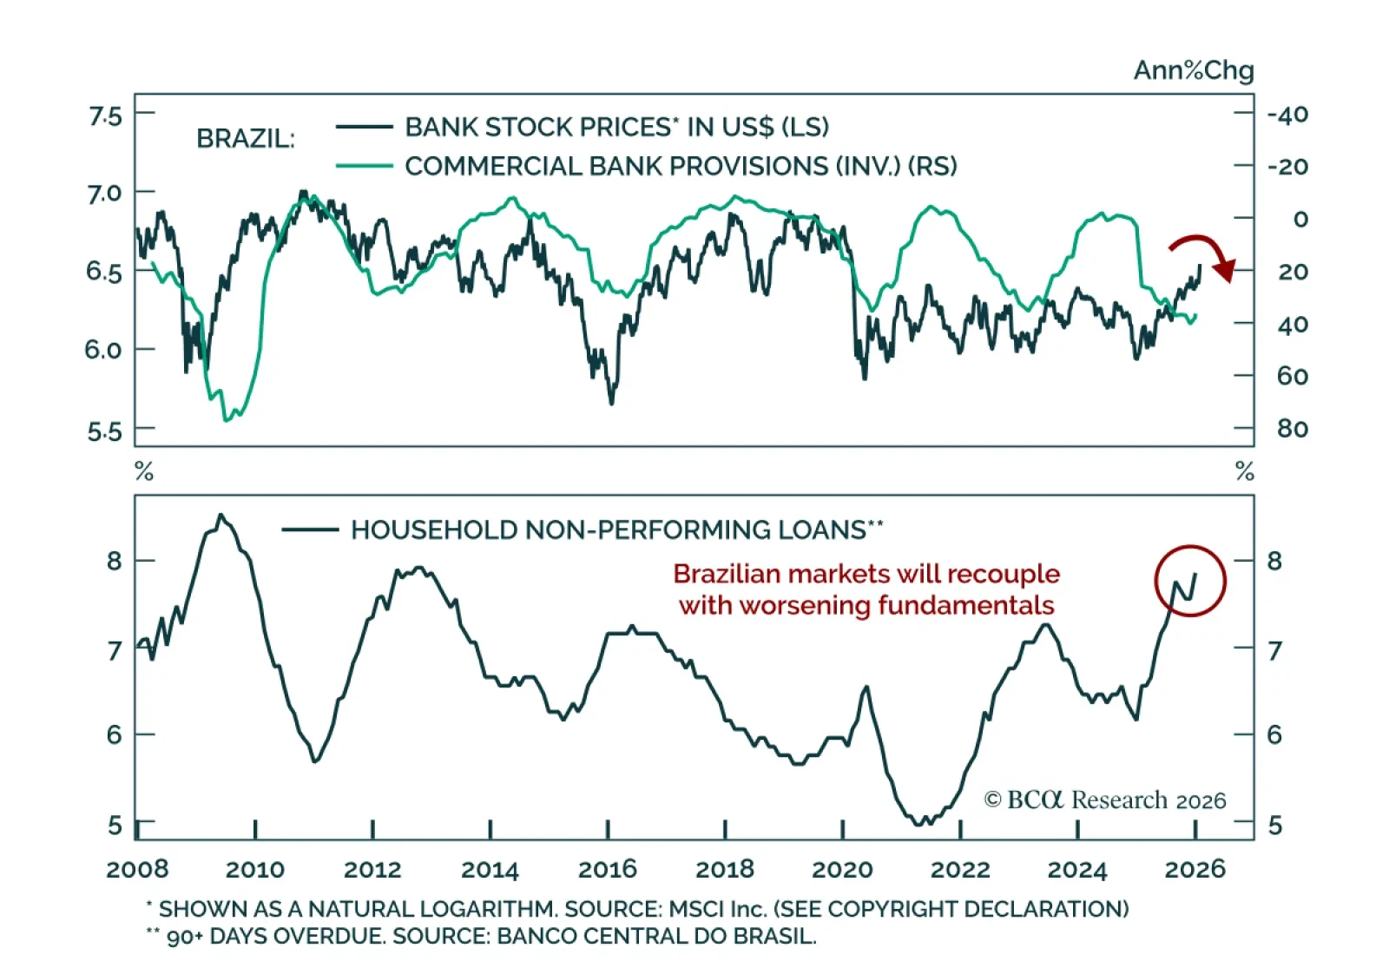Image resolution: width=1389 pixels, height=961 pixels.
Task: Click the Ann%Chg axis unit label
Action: [1193, 70]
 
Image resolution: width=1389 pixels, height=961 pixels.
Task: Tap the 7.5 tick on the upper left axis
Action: [105, 115]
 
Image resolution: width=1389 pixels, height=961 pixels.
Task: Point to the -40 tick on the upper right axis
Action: [1287, 115]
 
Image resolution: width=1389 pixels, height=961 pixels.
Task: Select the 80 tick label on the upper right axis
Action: [1292, 429]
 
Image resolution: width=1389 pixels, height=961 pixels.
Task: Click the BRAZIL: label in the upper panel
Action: [246, 139]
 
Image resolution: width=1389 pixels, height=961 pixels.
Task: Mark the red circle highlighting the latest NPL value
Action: [1189, 581]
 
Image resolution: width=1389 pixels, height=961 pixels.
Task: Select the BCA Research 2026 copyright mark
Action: [1104, 800]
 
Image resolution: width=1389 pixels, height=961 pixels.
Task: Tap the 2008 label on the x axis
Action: [137, 869]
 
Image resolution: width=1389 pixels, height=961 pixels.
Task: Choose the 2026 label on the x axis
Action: [1195, 869]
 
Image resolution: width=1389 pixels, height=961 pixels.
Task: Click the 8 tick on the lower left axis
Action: [115, 561]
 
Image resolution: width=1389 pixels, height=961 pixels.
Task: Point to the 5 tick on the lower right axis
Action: [1274, 825]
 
